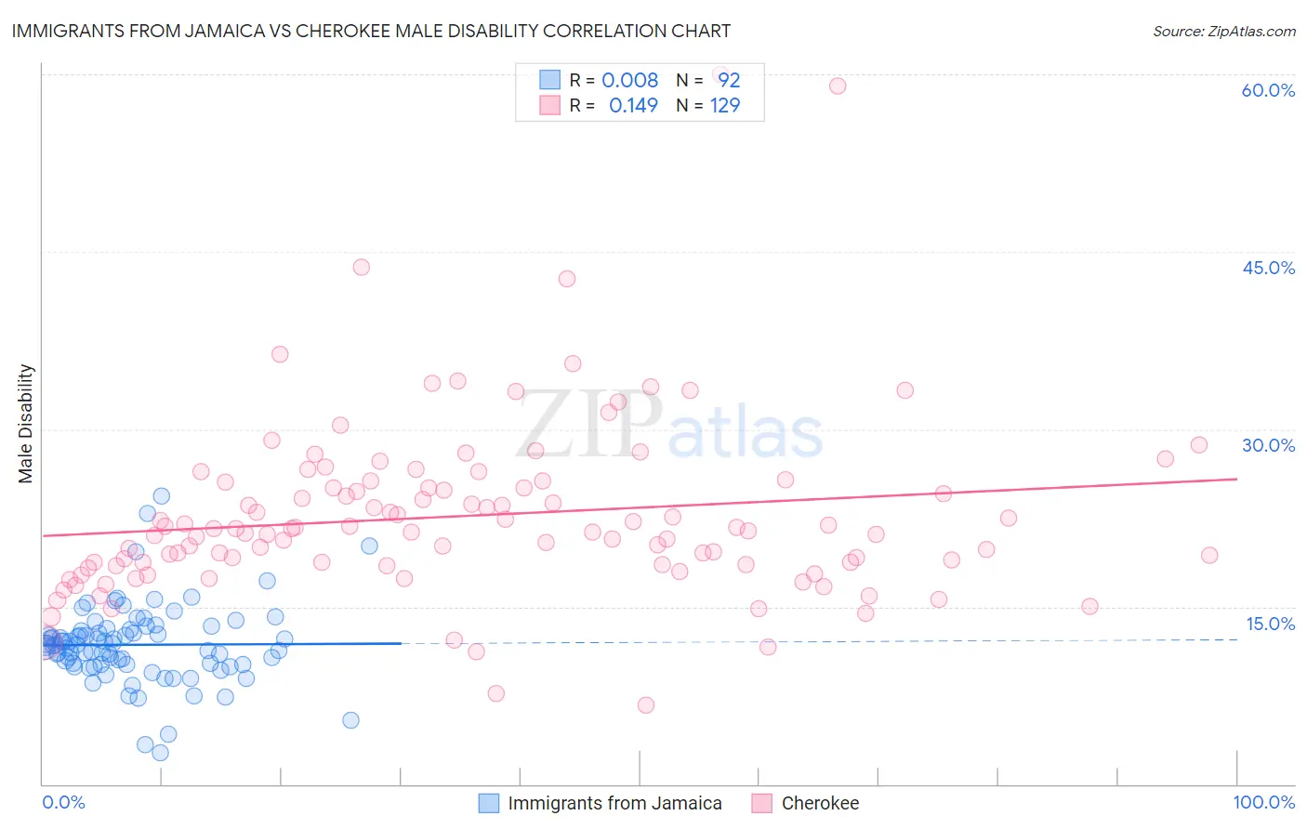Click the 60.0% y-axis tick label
pyautogui.click(x=1268, y=90)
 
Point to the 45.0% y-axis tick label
pyautogui.click(x=1268, y=268)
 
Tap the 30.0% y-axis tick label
pyautogui.click(x=1268, y=445)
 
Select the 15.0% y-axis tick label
pyautogui.click(x=1270, y=624)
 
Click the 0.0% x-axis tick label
pyautogui.click(x=63, y=802)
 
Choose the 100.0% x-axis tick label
pyautogui.click(x=1263, y=802)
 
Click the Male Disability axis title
pyautogui.click(x=26, y=423)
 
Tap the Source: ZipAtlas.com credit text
pyautogui.click(x=1223, y=31)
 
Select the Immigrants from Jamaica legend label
pyautogui.click(x=614, y=803)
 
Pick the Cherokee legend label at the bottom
pyautogui.click(x=820, y=803)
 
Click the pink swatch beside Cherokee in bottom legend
pyautogui.click(x=762, y=803)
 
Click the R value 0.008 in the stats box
pyautogui.click(x=629, y=80)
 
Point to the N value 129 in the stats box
pyautogui.click(x=725, y=105)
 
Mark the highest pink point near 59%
pyautogui.click(x=838, y=86)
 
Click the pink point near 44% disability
pyautogui.click(x=362, y=267)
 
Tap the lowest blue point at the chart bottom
pyautogui.click(x=160, y=753)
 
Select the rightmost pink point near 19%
pyautogui.click(x=1209, y=555)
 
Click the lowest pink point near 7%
pyautogui.click(x=646, y=704)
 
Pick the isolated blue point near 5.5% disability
pyautogui.click(x=350, y=719)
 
